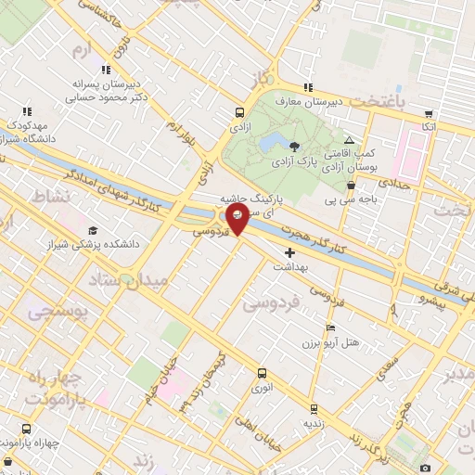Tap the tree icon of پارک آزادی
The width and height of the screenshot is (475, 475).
pos(294,146)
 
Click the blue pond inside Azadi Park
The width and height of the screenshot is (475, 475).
pos(271,142)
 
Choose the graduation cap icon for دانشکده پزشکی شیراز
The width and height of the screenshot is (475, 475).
pos(92,231)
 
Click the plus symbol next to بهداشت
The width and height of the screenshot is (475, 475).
pos(289,252)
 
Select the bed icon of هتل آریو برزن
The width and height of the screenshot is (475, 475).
pos(331,329)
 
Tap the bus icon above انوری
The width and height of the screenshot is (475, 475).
pos(261,374)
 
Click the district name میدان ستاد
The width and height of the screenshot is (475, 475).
pos(128,279)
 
